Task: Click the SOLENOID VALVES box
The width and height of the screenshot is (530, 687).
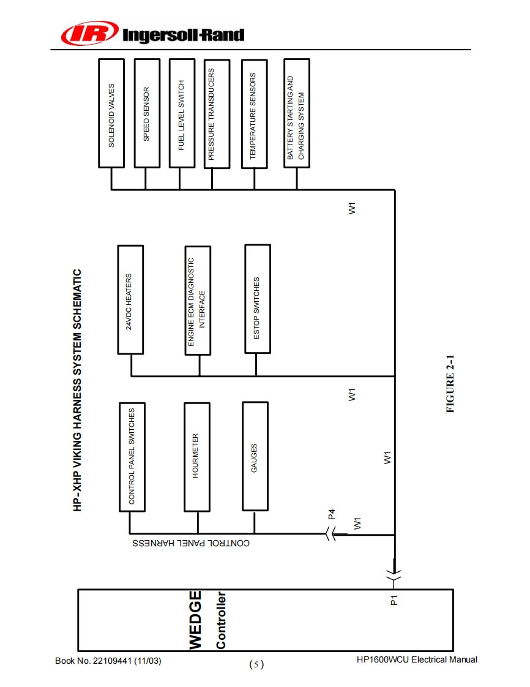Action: pyautogui.click(x=111, y=113)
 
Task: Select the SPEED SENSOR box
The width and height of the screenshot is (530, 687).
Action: pyautogui.click(x=146, y=113)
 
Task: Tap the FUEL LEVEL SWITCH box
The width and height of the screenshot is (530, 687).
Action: pyautogui.click(x=181, y=113)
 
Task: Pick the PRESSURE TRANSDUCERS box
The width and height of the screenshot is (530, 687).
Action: pyautogui.click(x=217, y=114)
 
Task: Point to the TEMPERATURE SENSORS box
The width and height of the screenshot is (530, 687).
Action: pyautogui.click(x=254, y=113)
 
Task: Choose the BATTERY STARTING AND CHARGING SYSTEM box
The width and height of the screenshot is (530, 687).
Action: pyautogui.click(x=296, y=113)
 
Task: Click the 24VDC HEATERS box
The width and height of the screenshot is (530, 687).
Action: pyautogui.click(x=130, y=300)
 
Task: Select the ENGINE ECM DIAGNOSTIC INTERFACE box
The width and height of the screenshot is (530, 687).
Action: pyautogui.click(x=198, y=300)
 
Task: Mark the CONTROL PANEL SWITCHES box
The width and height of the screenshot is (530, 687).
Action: pyautogui.click(x=132, y=457)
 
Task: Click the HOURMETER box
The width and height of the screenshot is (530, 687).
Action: pyautogui.click(x=196, y=457)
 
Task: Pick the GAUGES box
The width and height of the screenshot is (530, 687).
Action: pyautogui.click(x=255, y=456)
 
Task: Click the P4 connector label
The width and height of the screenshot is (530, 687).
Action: pyautogui.click(x=331, y=514)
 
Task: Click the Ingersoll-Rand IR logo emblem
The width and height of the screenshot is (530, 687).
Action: pyautogui.click(x=89, y=34)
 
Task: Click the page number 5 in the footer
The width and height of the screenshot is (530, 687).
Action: pyautogui.click(x=256, y=664)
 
